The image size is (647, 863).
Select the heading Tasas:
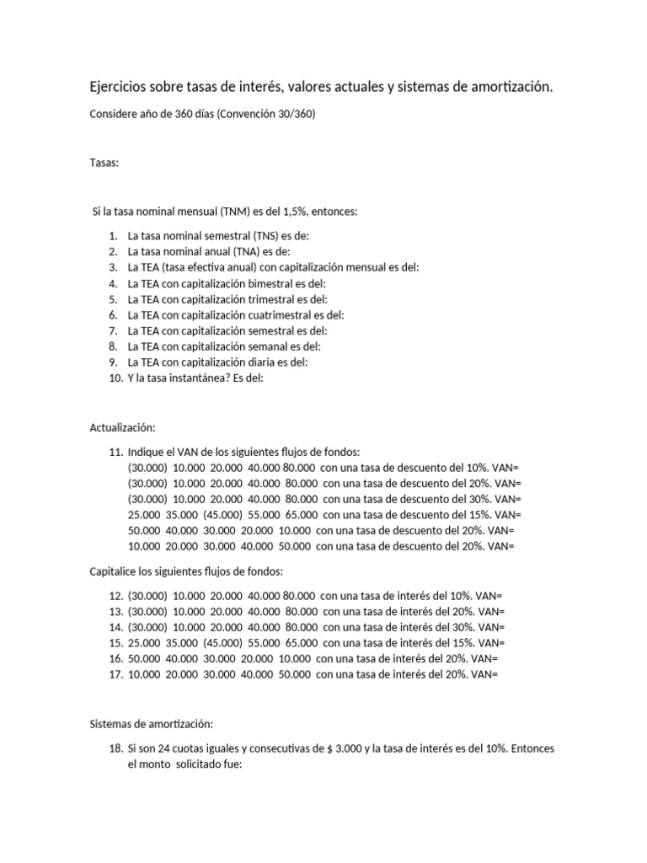coord(104,163)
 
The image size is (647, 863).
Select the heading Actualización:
coord(123,428)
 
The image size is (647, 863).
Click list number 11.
coord(115,453)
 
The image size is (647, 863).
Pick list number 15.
coord(115,643)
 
